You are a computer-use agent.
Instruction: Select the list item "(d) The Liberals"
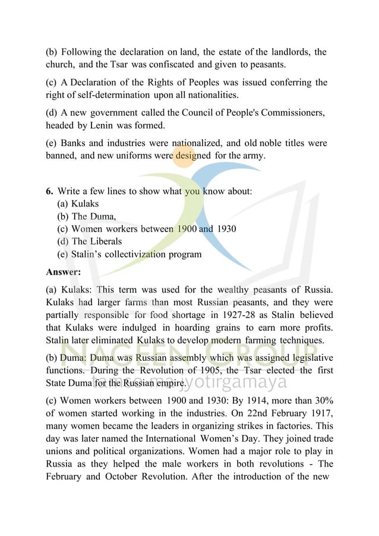(89, 241)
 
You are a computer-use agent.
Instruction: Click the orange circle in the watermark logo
(185, 156)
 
